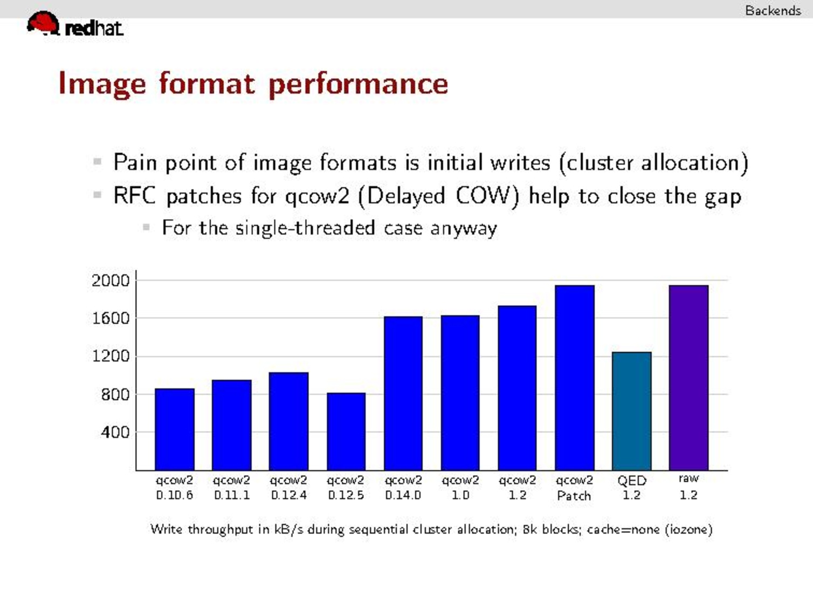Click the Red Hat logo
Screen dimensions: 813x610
[75, 24]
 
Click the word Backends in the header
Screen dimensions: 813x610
[773, 11]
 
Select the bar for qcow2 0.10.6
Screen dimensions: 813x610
[175, 430]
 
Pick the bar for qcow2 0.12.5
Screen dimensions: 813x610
[346, 431]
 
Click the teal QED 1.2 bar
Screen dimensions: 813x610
[631, 411]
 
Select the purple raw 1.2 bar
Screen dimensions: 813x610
[688, 378]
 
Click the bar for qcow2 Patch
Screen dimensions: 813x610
[575, 378]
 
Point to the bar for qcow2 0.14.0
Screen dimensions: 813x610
[403, 393]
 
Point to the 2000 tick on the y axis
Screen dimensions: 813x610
[111, 281]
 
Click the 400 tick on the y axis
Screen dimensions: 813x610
[115, 432]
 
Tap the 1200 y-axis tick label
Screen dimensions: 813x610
[111, 357]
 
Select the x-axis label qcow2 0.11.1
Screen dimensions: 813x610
[232, 488]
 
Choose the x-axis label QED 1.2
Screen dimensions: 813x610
[631, 488]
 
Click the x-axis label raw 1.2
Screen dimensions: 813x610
[688, 486]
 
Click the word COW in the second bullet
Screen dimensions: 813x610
[483, 196]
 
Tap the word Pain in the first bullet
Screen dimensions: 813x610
[135, 162]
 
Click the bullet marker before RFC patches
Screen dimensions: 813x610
[98, 195]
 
